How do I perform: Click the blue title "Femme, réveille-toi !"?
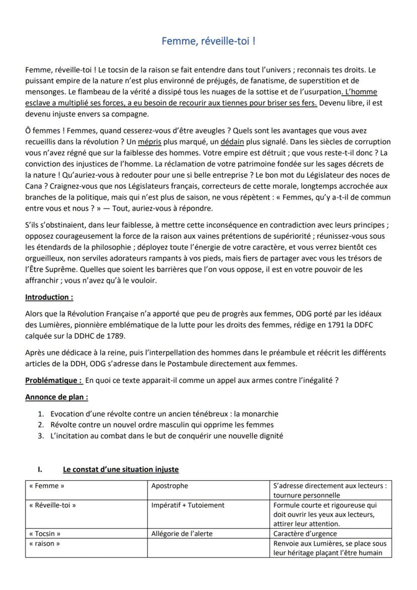[x=208, y=41]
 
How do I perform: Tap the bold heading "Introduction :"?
[x=49, y=297]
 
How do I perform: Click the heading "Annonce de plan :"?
[x=56, y=397]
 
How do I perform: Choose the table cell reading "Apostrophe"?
[x=170, y=486]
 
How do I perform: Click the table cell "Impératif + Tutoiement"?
[x=188, y=505]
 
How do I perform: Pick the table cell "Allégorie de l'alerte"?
[x=182, y=534]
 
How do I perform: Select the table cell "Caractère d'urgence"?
[x=305, y=534]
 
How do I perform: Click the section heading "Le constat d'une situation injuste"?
[x=121, y=470]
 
